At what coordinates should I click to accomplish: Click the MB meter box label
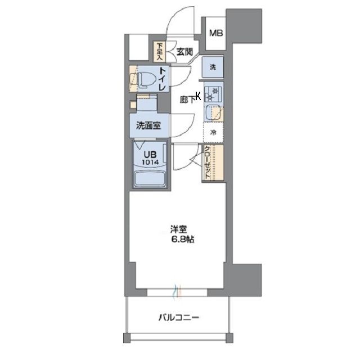coord(216,33)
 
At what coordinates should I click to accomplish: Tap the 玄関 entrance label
coord(184,52)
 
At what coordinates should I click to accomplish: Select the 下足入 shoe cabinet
coord(160,51)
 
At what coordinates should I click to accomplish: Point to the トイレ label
coord(162,79)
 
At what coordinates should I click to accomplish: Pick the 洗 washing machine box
coord(213,67)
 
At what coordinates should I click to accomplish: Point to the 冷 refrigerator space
coord(213,133)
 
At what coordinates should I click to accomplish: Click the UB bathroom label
coord(148,154)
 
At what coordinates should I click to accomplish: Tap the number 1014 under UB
coord(149,163)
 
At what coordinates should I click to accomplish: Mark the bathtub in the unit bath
coord(149,179)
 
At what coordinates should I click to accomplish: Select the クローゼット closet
coord(208,163)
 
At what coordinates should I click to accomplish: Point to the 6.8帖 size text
coord(179,240)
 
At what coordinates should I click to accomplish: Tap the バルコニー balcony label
coord(178,317)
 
